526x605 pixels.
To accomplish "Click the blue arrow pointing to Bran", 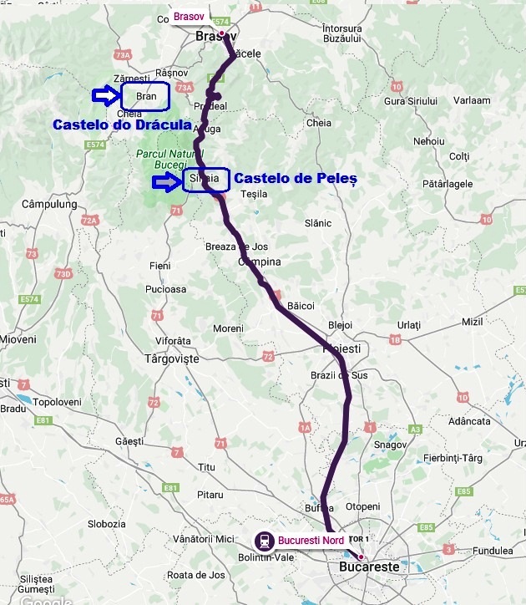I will pos(105,96).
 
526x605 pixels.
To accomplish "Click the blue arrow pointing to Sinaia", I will pos(165,180).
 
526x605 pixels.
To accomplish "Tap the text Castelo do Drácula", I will pos(116,125).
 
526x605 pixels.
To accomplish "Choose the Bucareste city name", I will pos(369,567).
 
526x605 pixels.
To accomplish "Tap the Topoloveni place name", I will pos(56,402).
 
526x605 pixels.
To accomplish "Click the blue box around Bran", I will pos(145,96).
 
